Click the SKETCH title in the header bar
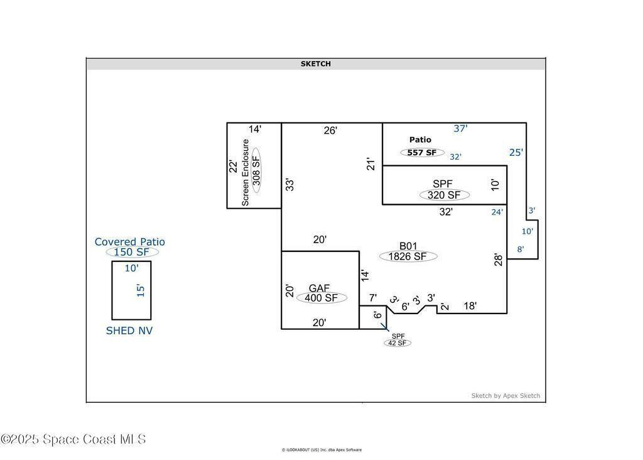315,63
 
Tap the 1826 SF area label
408,256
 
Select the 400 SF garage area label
321,298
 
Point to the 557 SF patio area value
422,153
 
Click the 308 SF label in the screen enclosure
256,170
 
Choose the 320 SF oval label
444,195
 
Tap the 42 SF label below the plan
397,343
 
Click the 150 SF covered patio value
132,252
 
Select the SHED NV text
129,331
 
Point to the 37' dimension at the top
460,128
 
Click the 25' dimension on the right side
516,152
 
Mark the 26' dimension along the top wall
330,131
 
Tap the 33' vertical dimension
290,185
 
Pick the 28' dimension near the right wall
498,260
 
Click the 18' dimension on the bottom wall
470,305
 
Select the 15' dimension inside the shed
141,290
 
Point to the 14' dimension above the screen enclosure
255,129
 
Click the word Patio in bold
420,140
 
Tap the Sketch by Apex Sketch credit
505,395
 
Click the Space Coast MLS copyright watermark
73,439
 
